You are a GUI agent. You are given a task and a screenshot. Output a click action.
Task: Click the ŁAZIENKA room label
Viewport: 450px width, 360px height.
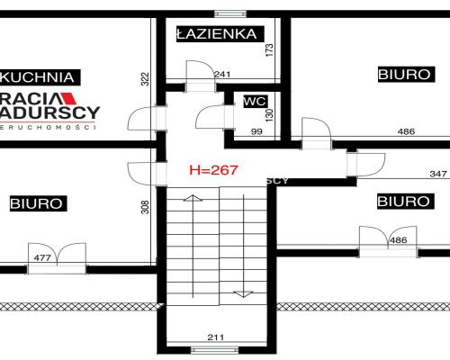217,34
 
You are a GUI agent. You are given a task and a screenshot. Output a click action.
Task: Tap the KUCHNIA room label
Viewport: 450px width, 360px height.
40,76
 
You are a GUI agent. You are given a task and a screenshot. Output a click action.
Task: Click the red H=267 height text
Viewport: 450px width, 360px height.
211,168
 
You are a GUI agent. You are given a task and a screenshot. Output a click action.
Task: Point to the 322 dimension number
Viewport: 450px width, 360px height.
144,80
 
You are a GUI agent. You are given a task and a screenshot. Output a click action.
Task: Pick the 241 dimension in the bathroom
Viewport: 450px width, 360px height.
221,75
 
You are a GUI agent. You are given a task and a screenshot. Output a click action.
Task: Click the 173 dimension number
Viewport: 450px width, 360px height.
269,49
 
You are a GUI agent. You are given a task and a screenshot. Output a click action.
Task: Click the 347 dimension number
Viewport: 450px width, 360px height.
413,173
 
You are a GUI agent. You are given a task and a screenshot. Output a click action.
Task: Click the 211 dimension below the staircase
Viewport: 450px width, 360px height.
215,338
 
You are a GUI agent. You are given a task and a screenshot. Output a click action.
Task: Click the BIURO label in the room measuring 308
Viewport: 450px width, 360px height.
37,203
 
